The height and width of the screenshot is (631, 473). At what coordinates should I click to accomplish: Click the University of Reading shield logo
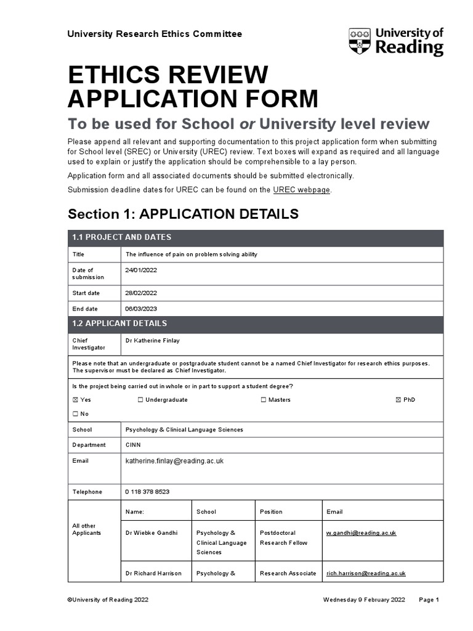[x=360, y=41]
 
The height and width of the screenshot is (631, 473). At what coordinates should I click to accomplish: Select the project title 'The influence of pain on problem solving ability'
[x=191, y=254]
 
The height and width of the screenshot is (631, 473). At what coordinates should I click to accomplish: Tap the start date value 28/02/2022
[x=141, y=293]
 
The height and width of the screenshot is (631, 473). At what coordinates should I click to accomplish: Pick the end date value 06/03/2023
[x=141, y=309]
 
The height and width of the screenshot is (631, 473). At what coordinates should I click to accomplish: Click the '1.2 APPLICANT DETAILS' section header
[x=119, y=324]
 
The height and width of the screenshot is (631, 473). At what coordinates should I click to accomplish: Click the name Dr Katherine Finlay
[x=152, y=341]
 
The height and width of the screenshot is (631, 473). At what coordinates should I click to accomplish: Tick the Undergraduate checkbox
[x=140, y=400]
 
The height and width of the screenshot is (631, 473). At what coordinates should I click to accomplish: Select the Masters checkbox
[x=264, y=400]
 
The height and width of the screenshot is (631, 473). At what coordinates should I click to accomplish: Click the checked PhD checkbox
[x=398, y=400]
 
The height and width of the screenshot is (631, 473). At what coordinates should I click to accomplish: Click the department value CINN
[x=133, y=445]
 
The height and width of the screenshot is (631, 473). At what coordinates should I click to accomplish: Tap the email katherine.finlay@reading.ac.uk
[x=174, y=461]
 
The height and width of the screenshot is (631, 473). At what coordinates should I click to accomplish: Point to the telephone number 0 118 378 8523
[x=147, y=492]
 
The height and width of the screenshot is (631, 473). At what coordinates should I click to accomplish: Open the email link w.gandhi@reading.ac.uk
[x=361, y=532]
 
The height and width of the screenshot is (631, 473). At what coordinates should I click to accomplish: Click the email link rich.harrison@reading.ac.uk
[x=366, y=573]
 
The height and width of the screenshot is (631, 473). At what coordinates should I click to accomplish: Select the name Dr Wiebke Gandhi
[x=152, y=532]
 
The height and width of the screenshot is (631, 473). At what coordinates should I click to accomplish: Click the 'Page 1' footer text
[x=429, y=600]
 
